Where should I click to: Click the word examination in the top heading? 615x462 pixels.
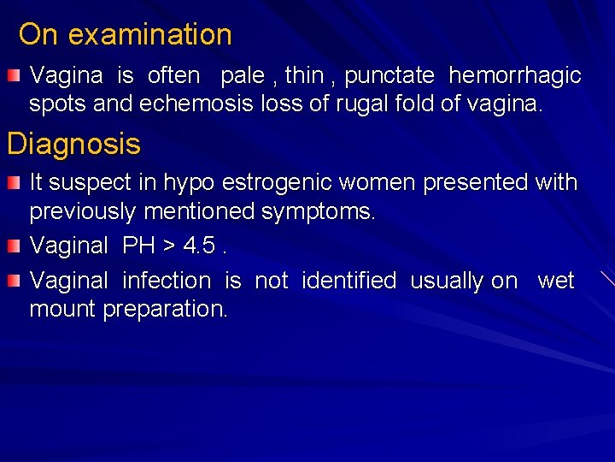point(149,35)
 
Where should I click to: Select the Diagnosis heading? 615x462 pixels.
point(73,144)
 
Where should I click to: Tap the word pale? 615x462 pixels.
point(243,75)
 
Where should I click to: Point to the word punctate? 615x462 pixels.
point(389,75)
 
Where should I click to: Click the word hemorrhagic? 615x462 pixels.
point(515,75)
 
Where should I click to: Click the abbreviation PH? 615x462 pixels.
point(138,246)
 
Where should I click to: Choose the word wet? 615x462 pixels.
point(555,280)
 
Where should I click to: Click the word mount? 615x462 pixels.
point(62,309)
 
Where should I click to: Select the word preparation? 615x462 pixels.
point(165,309)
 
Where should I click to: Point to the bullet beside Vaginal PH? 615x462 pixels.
point(14,247)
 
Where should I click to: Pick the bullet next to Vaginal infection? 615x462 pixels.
point(14,281)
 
